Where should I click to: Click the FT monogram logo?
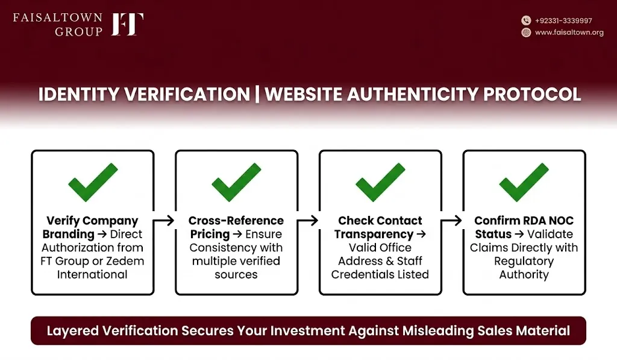(x=128, y=24)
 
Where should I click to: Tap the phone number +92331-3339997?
(x=563, y=21)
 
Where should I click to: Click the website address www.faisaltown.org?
(x=569, y=33)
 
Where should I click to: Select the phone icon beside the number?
(x=526, y=21)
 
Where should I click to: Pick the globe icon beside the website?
(x=526, y=33)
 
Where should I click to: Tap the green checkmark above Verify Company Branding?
(x=93, y=182)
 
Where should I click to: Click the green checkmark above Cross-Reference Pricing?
(x=236, y=182)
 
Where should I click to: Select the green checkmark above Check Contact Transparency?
(x=380, y=182)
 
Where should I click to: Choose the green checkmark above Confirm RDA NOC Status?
(x=524, y=182)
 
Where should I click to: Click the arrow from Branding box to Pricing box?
(x=164, y=221)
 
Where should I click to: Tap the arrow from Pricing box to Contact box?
(x=308, y=221)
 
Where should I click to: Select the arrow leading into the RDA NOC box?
(x=451, y=221)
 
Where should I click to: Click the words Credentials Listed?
(x=380, y=274)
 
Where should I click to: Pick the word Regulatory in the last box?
(x=524, y=262)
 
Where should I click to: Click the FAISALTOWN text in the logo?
(x=57, y=17)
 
